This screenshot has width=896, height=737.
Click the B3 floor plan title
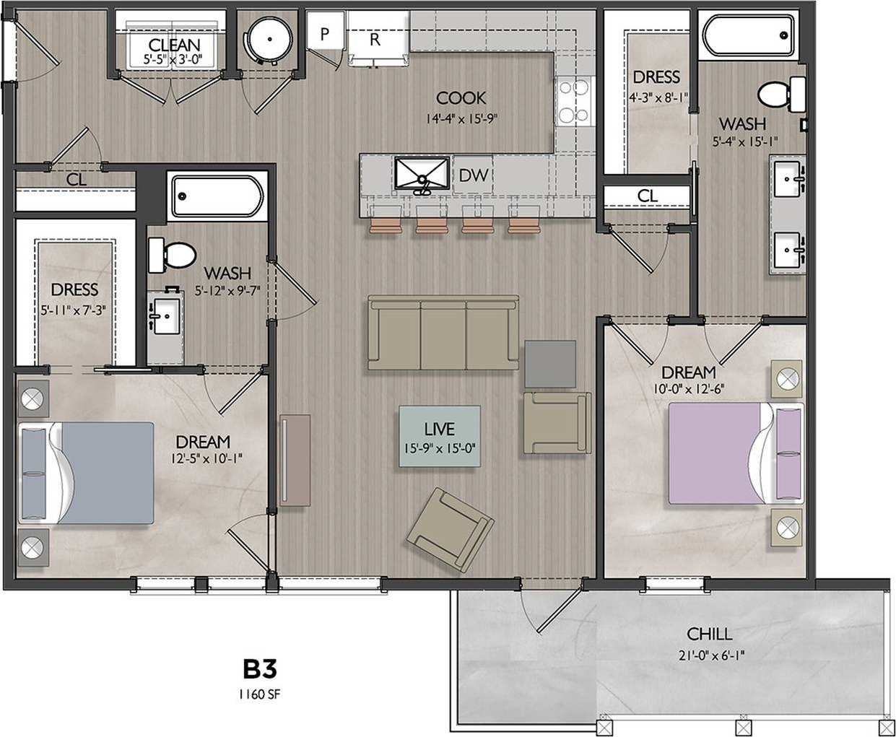pos(259,669)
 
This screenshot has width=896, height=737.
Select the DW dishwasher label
pos(473,175)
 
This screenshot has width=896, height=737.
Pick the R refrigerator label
pos(374,40)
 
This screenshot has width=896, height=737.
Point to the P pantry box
pos(324,33)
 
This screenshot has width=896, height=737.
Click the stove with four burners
pos(574,102)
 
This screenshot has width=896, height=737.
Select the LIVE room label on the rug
pos(439,429)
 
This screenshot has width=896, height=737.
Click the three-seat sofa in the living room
pos(443,333)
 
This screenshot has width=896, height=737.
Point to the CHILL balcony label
pos(709,634)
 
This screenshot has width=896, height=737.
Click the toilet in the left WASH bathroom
pos(172,255)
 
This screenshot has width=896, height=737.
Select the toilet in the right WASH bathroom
pos(781,93)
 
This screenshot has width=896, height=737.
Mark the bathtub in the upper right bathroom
pos(747,34)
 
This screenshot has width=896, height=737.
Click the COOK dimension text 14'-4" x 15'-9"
pos(461,118)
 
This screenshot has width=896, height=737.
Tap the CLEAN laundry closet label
pos(174,45)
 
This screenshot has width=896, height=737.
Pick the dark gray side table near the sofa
pos(549,364)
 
